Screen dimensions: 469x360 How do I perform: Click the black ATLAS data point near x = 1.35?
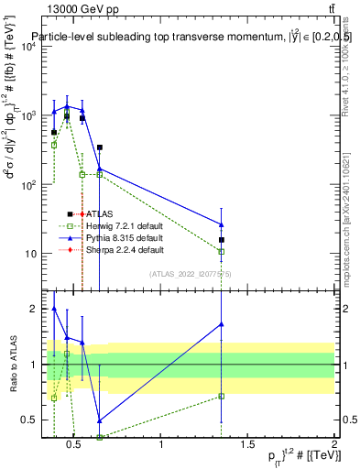pyautogui.click(x=222, y=240)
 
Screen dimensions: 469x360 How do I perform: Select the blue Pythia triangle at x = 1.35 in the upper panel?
pyautogui.click(x=222, y=224)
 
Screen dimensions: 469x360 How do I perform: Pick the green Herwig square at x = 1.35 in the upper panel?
pyautogui.click(x=222, y=251)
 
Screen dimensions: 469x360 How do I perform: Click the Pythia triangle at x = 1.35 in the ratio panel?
pyautogui.click(x=222, y=324)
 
